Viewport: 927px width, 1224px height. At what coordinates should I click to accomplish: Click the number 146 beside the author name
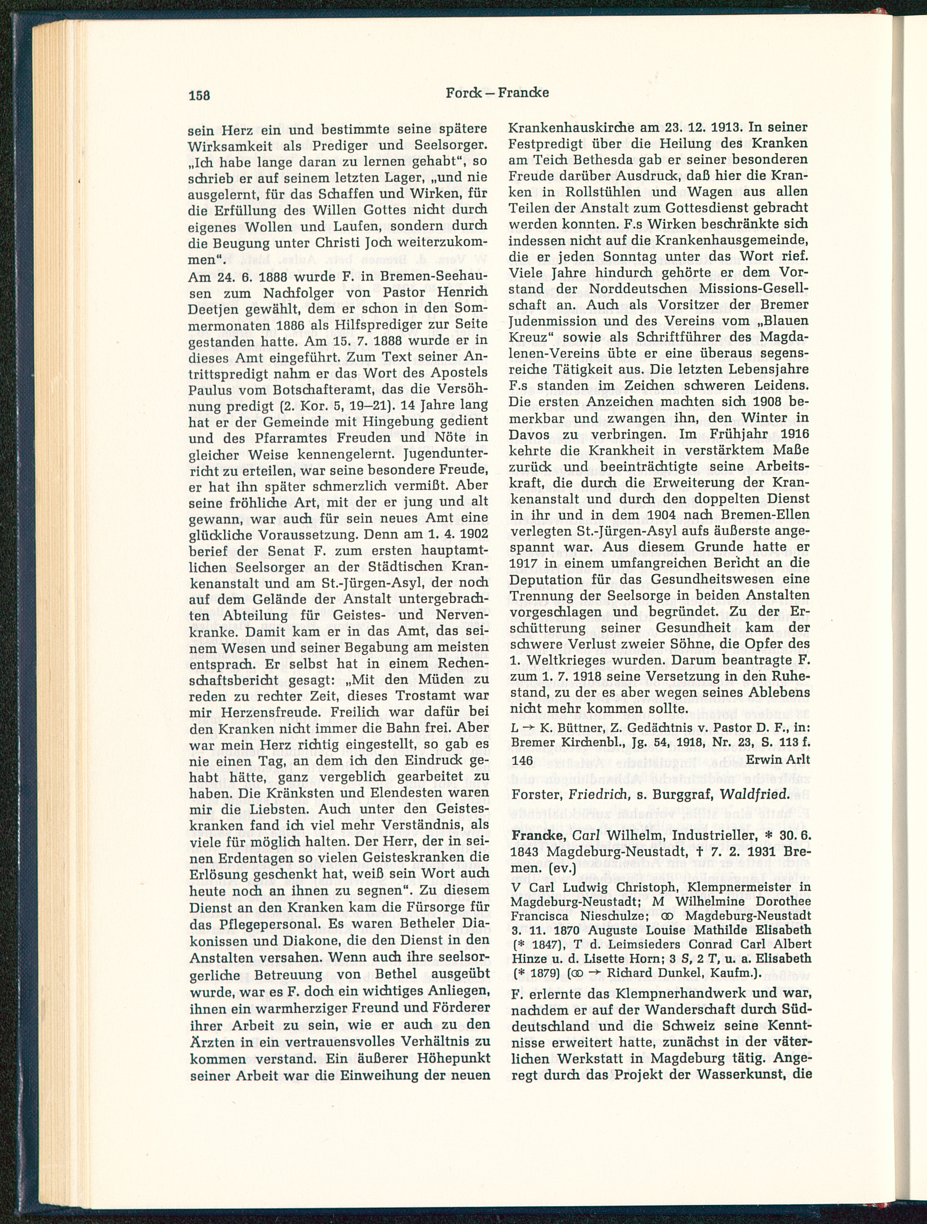point(522,761)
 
